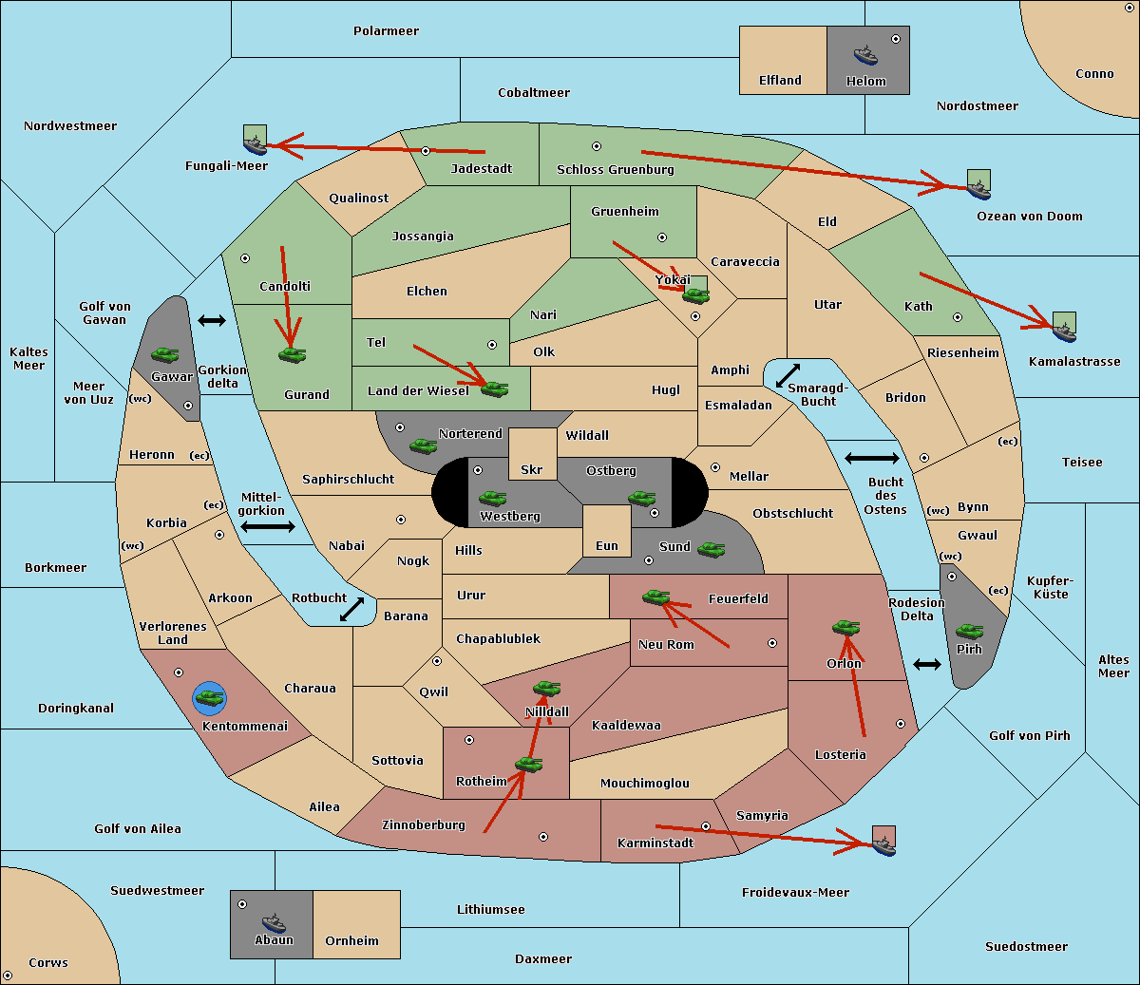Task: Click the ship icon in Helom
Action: coord(865,55)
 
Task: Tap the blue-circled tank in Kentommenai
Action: coord(209,698)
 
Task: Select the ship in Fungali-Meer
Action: coord(255,145)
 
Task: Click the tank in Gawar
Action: coord(165,354)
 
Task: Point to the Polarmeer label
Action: coord(386,31)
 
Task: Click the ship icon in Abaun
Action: coord(275,922)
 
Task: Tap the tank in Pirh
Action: coord(969,631)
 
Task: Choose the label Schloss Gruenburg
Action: coord(615,169)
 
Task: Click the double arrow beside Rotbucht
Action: coord(351,609)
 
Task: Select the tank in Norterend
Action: coord(423,445)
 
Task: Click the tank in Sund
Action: coord(711,549)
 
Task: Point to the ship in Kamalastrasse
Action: coord(1064,332)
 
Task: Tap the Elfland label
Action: coord(780,81)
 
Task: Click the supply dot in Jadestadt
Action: coord(426,151)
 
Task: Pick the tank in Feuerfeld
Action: coord(656,597)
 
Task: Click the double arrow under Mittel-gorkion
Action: coord(268,526)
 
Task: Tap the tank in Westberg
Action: coord(492,498)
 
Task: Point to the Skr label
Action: coord(532,469)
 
